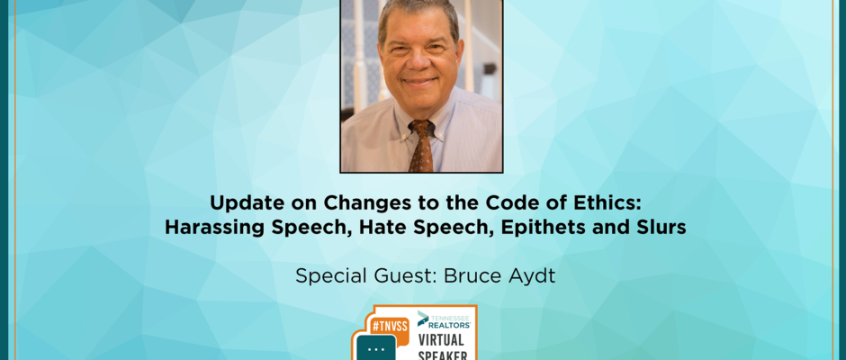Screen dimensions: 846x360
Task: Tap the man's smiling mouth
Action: (x=419, y=83)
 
